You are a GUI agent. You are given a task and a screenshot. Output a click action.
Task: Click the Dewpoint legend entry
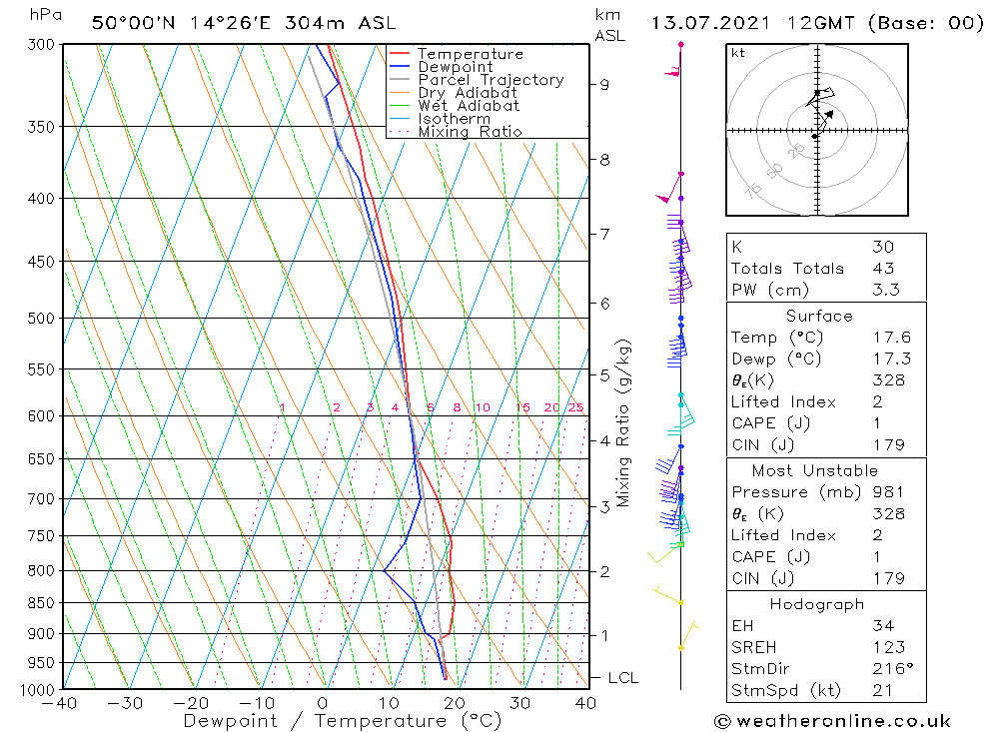[x=455, y=67]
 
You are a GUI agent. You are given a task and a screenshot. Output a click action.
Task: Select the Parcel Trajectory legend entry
[x=491, y=80]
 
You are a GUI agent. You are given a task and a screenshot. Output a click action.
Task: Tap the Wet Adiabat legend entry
[x=469, y=106]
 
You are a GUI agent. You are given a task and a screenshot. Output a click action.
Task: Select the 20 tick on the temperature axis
[x=455, y=703]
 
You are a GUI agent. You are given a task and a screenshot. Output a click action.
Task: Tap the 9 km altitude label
[x=604, y=85]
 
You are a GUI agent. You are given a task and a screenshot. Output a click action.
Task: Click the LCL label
[x=622, y=678]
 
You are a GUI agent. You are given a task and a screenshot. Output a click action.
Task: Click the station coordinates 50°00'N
[x=132, y=22]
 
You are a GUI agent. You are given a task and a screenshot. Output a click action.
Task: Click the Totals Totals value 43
[x=882, y=268]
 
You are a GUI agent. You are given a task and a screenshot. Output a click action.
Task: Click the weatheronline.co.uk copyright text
[x=832, y=721]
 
